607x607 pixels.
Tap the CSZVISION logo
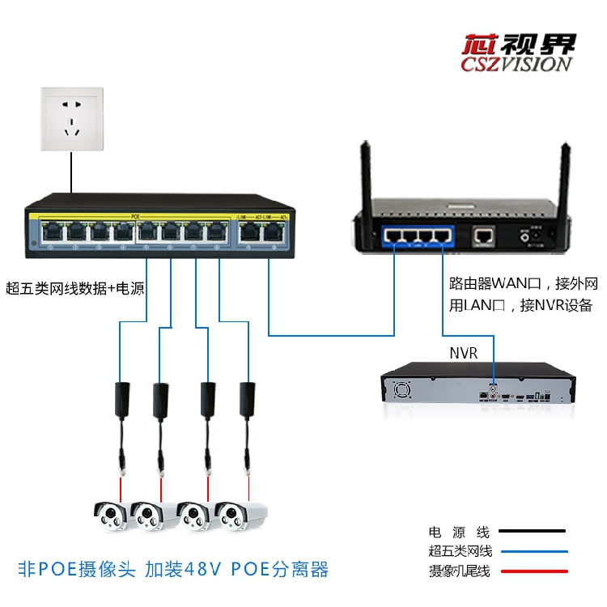tap(518, 53)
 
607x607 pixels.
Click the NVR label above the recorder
tap(463, 354)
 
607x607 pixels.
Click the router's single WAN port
tap(484, 236)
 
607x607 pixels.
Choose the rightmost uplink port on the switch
tap(274, 233)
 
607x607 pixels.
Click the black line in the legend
tap(532, 533)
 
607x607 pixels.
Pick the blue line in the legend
tap(532, 552)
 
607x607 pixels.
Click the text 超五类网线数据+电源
tap(75, 287)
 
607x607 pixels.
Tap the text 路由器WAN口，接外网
tap(523, 284)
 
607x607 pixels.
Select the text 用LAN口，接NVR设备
tap(521, 305)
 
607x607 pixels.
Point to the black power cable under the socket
tap(71, 174)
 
